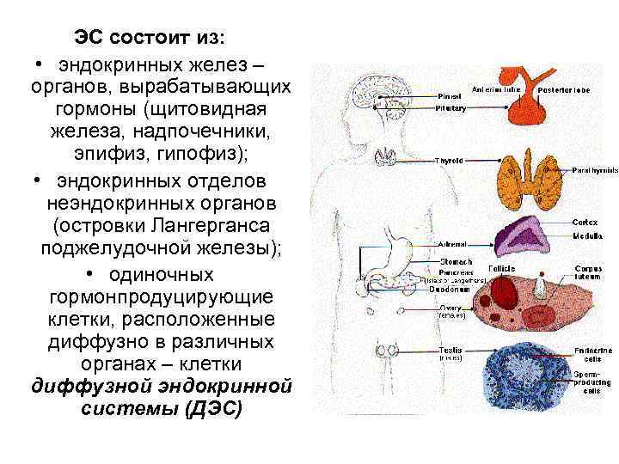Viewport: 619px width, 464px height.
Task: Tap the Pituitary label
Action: pos(450,109)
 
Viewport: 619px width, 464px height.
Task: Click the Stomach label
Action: pos(452,261)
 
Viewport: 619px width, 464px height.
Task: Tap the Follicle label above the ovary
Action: pos(502,269)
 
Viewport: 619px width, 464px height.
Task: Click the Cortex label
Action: pos(586,223)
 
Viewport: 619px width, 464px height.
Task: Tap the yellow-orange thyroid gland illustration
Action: pos(525,175)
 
